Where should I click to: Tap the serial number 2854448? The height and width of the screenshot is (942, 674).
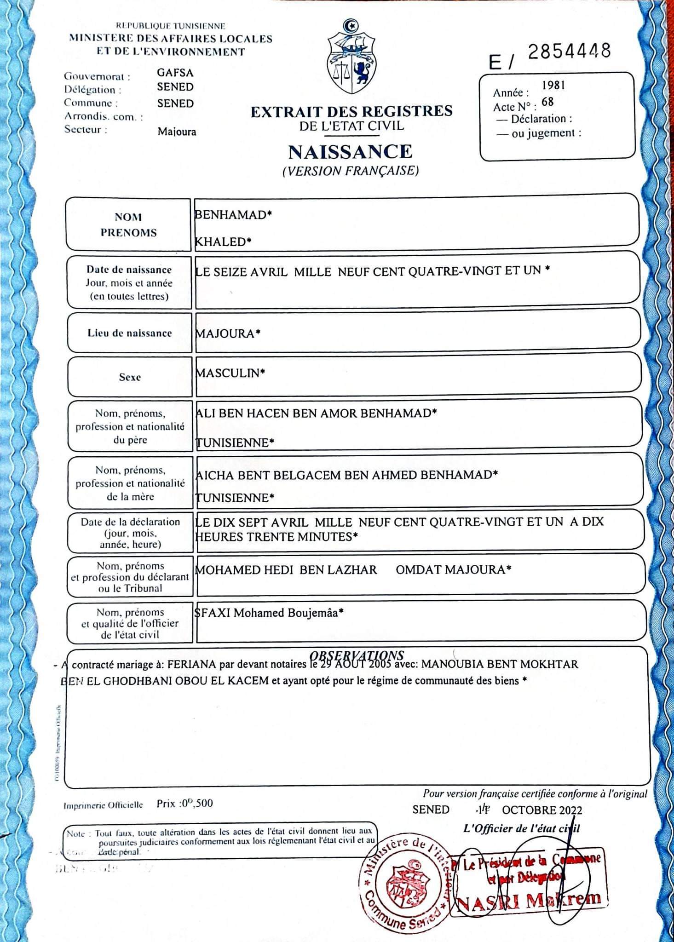569,51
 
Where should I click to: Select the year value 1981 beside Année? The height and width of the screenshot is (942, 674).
553,85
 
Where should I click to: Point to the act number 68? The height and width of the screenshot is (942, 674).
547,102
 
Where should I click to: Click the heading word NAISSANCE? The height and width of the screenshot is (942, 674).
351,152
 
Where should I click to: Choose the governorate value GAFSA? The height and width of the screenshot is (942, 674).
175,73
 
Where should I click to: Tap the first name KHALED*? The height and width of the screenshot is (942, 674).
224,242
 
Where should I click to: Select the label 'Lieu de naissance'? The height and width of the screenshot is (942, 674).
129,333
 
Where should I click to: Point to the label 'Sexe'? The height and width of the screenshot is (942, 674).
130,377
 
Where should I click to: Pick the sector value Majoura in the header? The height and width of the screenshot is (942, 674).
177,132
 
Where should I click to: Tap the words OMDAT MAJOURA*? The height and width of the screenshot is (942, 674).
454,570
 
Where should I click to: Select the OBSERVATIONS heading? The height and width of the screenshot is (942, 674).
357,655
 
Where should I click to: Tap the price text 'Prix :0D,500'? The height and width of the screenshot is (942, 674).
184,804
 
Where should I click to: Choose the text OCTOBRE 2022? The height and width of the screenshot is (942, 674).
542,810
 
